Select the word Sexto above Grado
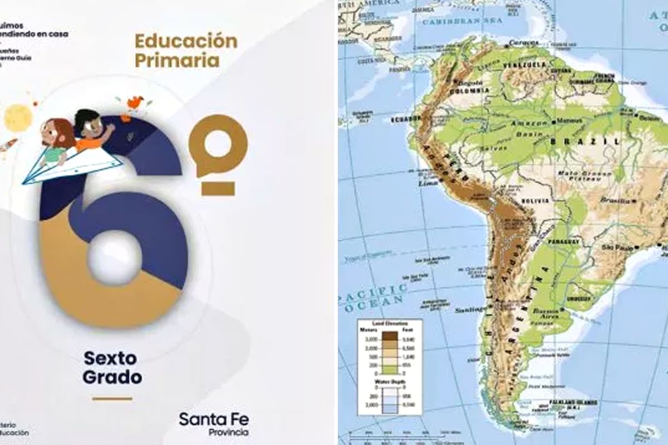[x=110, y=358]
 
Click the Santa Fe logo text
[x=214, y=419]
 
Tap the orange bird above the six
[x=135, y=102]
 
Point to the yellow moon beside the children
[x=18, y=117]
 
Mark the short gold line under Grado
[x=112, y=398]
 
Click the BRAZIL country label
[x=585, y=142]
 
